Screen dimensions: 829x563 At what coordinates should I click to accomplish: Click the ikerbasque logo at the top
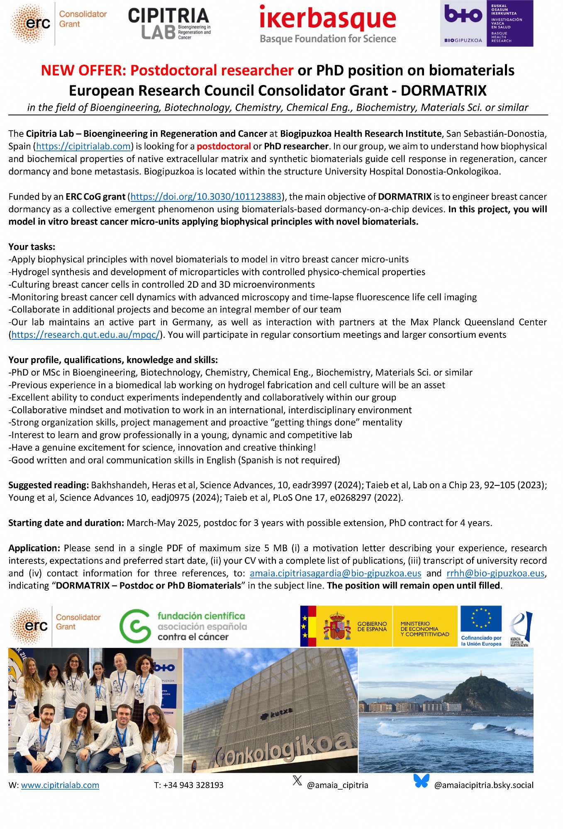coord(328,24)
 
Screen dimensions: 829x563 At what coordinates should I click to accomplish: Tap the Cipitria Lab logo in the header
coord(169,24)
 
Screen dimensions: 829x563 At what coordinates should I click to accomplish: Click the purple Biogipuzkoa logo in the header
coord(486,24)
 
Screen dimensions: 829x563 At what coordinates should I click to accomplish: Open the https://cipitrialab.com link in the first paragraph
coord(83,146)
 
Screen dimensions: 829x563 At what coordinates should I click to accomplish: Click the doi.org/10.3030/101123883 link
coord(206,196)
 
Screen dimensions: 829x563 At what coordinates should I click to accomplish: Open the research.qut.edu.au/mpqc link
coord(85,335)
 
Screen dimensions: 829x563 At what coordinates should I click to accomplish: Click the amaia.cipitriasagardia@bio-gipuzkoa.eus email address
coord(335,573)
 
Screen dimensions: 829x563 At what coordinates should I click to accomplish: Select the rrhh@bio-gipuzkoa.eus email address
coord(495,573)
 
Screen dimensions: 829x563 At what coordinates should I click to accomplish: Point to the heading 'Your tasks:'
coord(32,247)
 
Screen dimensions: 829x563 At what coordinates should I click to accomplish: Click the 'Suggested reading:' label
coord(49,485)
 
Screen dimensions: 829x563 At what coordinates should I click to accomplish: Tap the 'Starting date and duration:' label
coord(66,523)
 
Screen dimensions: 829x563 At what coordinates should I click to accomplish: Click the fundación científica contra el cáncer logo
coord(183,626)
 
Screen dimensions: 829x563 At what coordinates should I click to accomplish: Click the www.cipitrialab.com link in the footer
coord(60,785)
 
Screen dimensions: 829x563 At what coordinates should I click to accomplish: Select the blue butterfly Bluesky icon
coord(421,781)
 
